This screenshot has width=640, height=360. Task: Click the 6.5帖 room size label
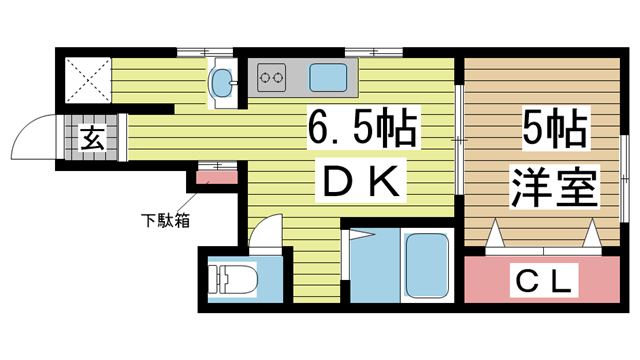[362, 129]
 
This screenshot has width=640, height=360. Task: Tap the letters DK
[361, 181]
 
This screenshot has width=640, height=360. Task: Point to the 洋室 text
[554, 186]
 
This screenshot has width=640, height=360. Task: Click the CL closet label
[544, 280]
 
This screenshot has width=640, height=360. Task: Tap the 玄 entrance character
[93, 138]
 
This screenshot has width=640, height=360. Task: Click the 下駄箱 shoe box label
[165, 221]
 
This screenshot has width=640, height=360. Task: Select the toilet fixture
[233, 279]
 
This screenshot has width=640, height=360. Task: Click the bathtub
[427, 265]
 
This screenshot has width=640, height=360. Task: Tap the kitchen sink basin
[328, 78]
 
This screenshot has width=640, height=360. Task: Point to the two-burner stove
[271, 77]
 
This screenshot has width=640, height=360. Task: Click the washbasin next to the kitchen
[221, 82]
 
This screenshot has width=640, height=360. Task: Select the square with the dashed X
[88, 80]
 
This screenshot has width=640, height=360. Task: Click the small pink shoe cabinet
[217, 178]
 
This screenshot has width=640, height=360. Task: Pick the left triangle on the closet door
[495, 233]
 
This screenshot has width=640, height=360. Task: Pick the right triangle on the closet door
[592, 233]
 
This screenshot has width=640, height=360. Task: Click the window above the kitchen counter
[374, 52]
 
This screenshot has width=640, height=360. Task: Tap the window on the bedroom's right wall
[624, 178]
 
